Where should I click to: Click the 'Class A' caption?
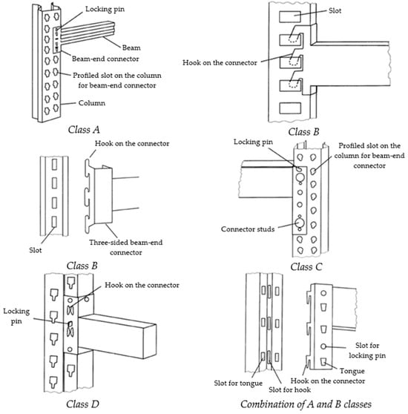[x=84, y=130]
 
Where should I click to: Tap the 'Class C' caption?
[x=306, y=267]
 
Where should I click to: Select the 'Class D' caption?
[x=82, y=404]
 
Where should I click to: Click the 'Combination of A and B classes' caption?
[x=306, y=404]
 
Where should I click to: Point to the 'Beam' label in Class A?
[x=131, y=47]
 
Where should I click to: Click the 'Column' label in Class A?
[x=91, y=102]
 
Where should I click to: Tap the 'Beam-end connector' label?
[x=105, y=59]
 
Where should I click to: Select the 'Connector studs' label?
[x=248, y=229]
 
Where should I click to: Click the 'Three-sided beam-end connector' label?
[x=125, y=247]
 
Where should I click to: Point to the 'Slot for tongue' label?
[x=238, y=383]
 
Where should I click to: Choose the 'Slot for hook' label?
[x=289, y=390]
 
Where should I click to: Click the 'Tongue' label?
[x=352, y=371]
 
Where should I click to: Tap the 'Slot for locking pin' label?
[x=367, y=350]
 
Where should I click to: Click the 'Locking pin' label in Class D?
[x=16, y=316]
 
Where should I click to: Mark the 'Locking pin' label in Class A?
[x=105, y=9]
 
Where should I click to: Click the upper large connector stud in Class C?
[x=300, y=177]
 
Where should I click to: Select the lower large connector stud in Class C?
[x=300, y=223]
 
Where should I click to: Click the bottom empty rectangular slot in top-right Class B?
[x=290, y=108]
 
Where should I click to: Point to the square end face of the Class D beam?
[x=150, y=342]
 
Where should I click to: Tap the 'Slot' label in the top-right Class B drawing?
[x=335, y=10]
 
